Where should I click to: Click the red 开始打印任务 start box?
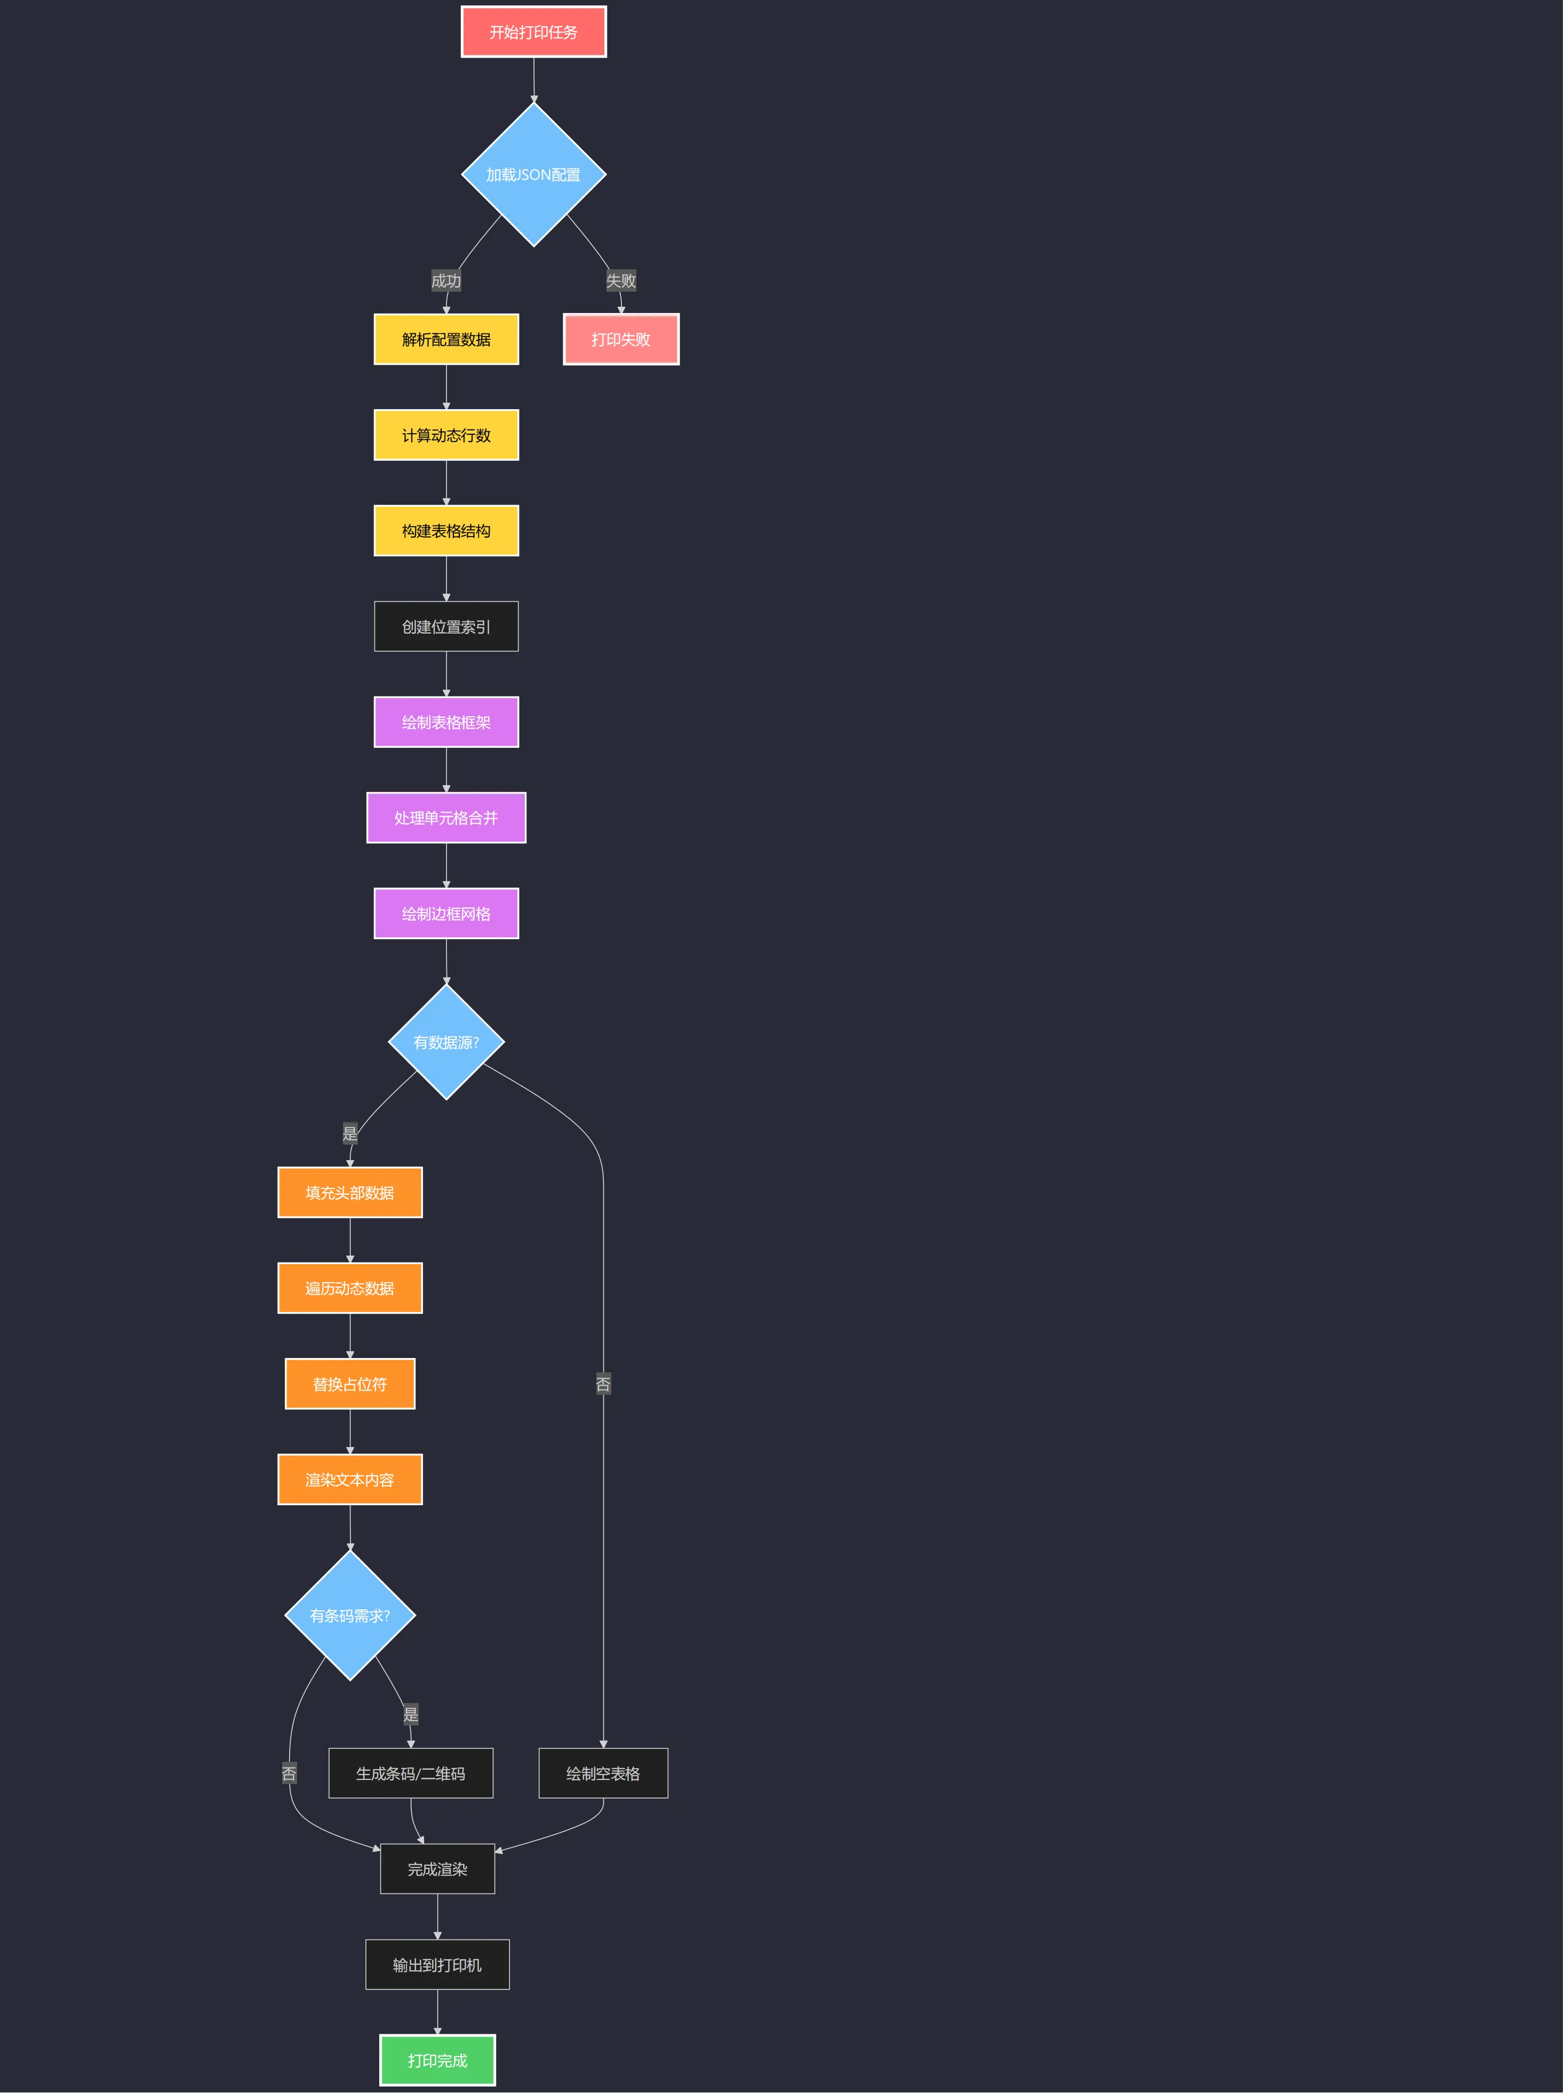(533, 32)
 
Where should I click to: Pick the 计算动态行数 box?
(445, 435)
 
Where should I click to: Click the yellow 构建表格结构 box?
(445, 531)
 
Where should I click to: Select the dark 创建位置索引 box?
(445, 626)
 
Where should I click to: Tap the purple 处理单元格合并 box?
(445, 818)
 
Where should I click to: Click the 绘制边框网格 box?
(445, 913)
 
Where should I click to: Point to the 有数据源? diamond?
(445, 1042)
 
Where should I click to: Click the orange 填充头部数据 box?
(350, 1192)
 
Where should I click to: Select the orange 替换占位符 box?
(350, 1384)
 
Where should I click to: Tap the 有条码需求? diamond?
(350, 1615)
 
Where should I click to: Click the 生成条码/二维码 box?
(411, 1773)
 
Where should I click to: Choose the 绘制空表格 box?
(603, 1773)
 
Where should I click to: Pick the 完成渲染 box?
(437, 1869)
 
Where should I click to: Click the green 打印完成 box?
(437, 2060)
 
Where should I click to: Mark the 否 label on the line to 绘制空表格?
(603, 1384)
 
